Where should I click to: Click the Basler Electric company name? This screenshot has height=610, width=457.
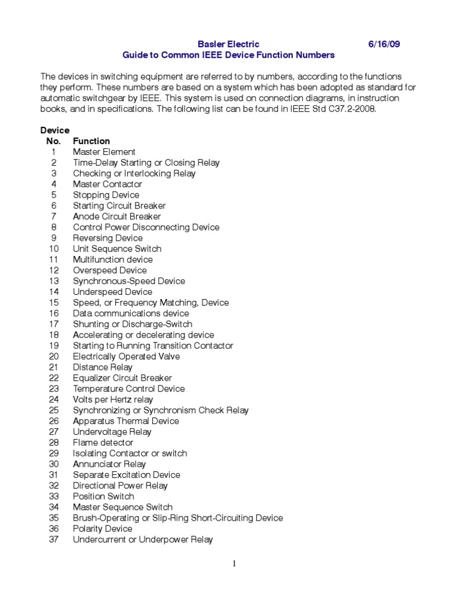[228, 44]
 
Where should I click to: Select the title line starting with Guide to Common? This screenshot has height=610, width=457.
[228, 55]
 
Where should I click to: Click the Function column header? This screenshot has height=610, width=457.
[91, 141]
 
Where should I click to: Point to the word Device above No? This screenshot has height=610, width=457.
[55, 130]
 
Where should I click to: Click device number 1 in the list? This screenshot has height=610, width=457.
[54, 152]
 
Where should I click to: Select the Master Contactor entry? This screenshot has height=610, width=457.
[107, 184]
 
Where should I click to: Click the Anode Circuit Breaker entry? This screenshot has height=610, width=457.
[117, 216]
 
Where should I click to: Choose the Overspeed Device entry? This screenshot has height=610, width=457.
[109, 270]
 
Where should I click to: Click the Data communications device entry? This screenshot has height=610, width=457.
[131, 313]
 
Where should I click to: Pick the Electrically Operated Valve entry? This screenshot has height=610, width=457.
[126, 356]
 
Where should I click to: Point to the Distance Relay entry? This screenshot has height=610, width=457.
[102, 367]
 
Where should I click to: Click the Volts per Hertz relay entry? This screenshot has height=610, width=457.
[112, 399]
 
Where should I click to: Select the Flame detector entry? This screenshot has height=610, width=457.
[103, 443]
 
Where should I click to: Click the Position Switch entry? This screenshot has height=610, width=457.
[104, 496]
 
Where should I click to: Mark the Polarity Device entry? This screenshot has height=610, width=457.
[102, 528]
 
